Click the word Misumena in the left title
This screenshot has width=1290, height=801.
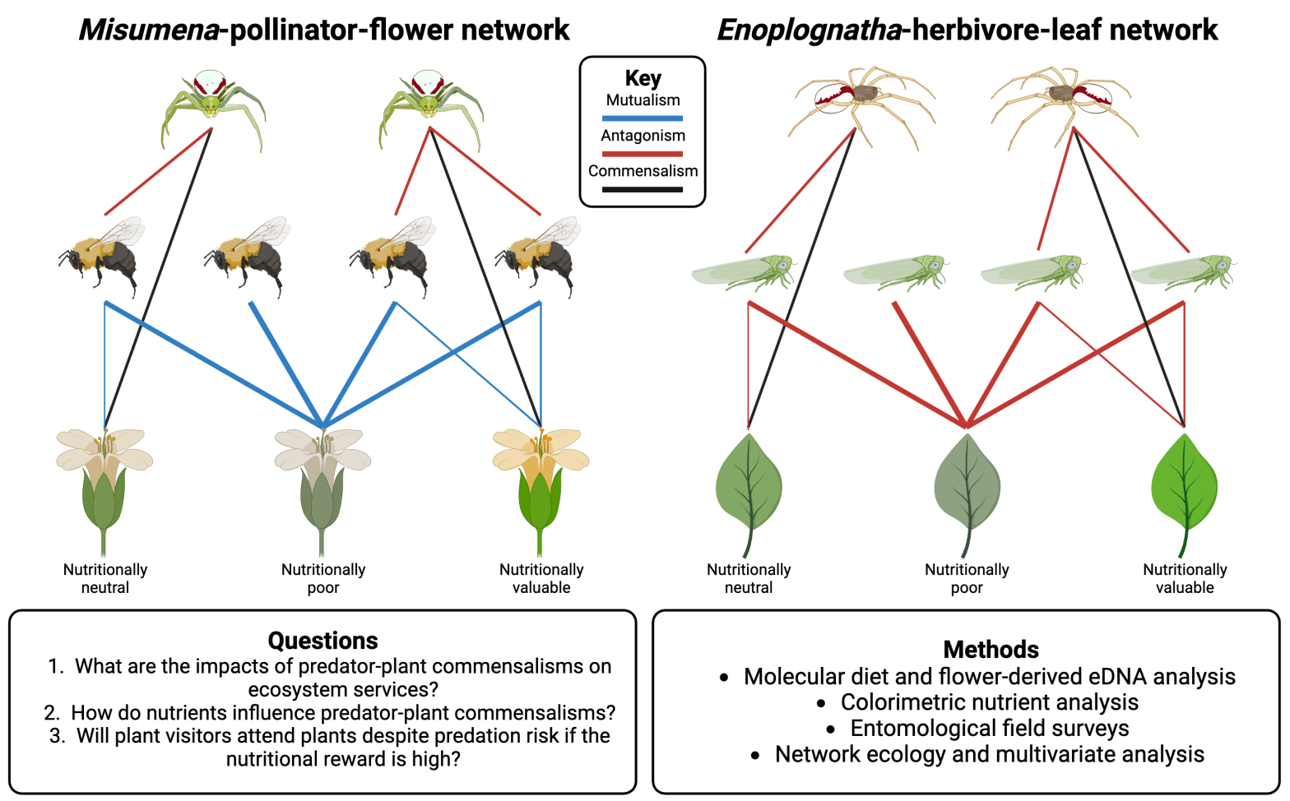click(149, 30)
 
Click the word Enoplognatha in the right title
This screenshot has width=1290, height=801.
click(810, 30)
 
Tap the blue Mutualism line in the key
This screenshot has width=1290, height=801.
click(643, 118)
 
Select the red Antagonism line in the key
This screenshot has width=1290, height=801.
click(643, 154)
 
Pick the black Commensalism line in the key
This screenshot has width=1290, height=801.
click(643, 190)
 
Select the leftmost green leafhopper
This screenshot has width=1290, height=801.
click(745, 271)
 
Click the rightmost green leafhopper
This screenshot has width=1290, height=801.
click(1185, 271)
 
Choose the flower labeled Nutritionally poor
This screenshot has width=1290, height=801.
click(322, 485)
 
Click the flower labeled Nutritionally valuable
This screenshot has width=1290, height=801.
click(541, 485)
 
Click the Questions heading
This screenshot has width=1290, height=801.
click(322, 641)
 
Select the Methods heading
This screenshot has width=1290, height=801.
click(991, 650)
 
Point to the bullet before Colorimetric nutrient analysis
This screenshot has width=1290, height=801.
click(821, 704)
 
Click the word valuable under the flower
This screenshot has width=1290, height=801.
click(541, 588)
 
